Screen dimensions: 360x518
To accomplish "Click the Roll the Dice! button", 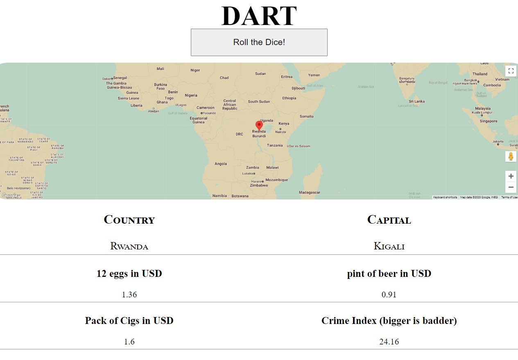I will coord(259,42).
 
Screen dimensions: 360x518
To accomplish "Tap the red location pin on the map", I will coord(259,125).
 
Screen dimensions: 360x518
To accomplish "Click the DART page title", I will coord(259,16).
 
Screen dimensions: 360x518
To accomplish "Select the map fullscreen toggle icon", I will coord(511,71).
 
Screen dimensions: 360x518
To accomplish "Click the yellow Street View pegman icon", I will coord(511,156).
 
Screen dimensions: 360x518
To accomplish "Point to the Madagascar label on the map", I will coord(309,192).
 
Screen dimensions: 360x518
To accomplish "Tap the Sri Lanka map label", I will coord(416,101).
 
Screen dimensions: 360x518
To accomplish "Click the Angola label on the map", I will coord(221,164).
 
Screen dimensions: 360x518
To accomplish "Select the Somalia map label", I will coord(306,116).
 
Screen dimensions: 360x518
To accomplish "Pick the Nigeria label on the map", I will coord(191,95).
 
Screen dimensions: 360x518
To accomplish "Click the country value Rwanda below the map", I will coord(129,246).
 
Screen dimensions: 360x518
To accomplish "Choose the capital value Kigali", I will coord(389,246).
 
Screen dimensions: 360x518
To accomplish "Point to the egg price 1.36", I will coord(129,294).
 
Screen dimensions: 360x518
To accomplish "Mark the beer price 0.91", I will coord(389,294).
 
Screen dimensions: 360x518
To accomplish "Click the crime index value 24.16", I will coord(389,342).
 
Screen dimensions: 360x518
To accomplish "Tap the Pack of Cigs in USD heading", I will coord(129,320).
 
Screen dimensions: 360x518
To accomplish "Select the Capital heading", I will coord(389,220).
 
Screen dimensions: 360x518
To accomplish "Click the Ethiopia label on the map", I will coord(289,98).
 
